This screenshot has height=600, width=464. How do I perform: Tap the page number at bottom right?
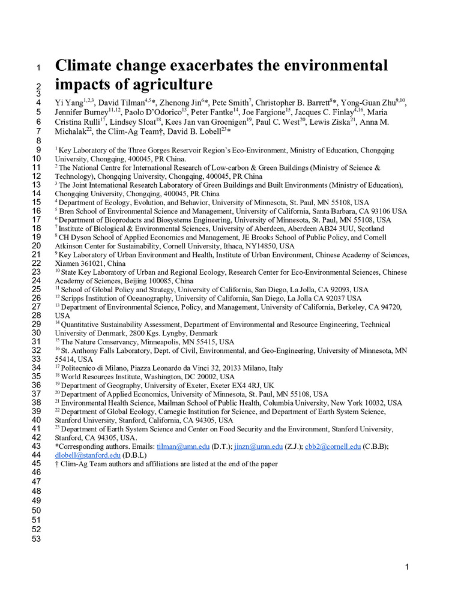pyautogui.click(x=406, y=567)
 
